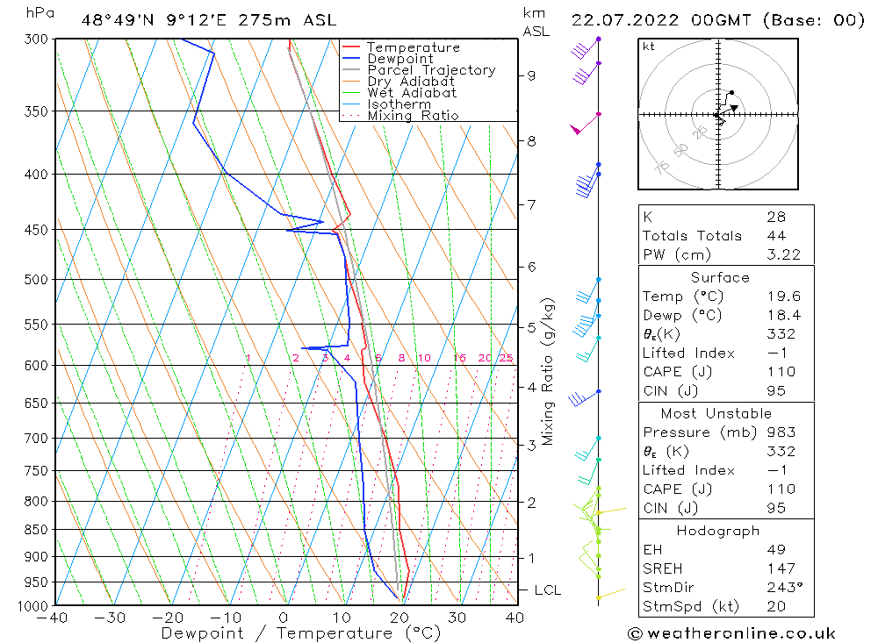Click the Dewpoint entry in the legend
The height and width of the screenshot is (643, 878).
(x=399, y=59)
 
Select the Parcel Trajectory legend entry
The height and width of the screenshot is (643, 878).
(x=431, y=70)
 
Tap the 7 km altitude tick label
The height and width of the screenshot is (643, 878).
(x=531, y=204)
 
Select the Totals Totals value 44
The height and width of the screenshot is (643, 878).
(x=776, y=235)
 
